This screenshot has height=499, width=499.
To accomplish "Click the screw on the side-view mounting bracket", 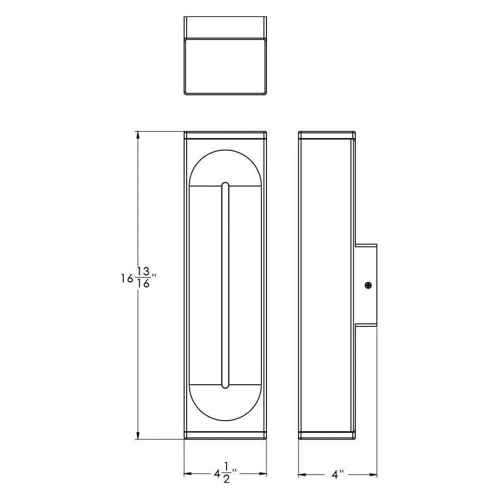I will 368,285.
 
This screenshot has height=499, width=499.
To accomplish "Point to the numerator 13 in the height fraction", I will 143,271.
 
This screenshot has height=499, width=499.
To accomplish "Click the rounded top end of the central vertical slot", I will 226,185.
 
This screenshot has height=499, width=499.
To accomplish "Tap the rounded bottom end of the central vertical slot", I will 226,386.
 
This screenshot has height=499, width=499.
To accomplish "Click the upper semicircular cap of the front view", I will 226,167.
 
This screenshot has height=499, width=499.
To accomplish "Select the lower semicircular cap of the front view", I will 226,403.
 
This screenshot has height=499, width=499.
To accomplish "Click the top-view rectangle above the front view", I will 225,65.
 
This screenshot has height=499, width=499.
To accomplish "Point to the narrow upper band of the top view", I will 225,27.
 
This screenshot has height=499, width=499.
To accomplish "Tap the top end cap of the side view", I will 327,135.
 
